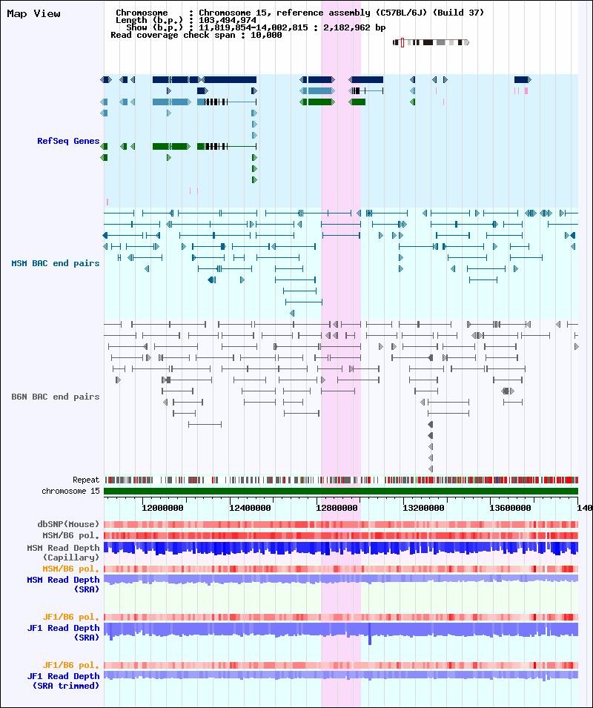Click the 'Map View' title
tap(33, 14)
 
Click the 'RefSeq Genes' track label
tap(68, 141)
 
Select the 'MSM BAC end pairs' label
tap(56, 263)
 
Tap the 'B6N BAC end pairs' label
tap(56, 397)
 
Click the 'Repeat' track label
tap(86, 480)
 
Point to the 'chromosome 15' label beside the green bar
tap(70, 491)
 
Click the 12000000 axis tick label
tap(162, 508)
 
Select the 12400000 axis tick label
tap(250, 508)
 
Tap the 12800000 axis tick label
tap(337, 508)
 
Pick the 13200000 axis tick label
tap(423, 508)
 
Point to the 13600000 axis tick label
tap(511, 508)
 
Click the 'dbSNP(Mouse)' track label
tap(68, 524)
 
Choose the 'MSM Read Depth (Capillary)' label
tap(63, 552)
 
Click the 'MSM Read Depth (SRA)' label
tap(63, 584)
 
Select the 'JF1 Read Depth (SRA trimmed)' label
tap(63, 681)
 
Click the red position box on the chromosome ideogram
tap(402, 42)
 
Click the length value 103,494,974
tap(228, 20)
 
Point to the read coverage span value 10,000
tap(266, 35)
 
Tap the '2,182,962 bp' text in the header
tap(354, 27)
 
